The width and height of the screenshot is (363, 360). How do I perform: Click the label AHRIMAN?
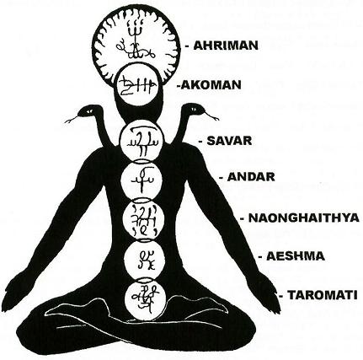pyautogui.click(x=226, y=46)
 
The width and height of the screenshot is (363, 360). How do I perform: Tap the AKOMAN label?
pyautogui.click(x=211, y=85)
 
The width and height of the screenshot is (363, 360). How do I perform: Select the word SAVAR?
pyautogui.click(x=229, y=141)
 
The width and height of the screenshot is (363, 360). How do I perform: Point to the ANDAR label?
pyautogui.click(x=251, y=177)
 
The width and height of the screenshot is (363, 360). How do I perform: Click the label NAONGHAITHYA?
pyautogui.click(x=304, y=218)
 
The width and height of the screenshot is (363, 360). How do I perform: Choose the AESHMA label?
pyautogui.click(x=296, y=256)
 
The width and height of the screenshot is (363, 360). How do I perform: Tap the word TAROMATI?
pyautogui.click(x=323, y=295)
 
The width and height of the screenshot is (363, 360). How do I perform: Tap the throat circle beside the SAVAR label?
pyautogui.click(x=141, y=141)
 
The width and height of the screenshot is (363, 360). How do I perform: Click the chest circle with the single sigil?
pyautogui.click(x=141, y=180)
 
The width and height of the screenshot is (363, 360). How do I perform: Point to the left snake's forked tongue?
pyautogui.click(x=72, y=120)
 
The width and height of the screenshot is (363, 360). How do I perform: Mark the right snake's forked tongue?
pyautogui.click(x=211, y=116)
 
